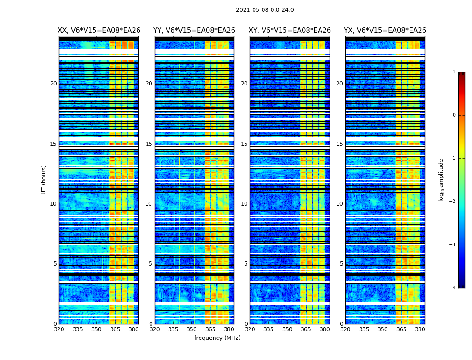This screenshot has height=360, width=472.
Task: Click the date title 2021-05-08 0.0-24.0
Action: tap(265, 10)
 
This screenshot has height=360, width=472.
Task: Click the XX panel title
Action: tap(99, 31)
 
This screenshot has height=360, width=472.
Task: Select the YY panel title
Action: tap(194, 31)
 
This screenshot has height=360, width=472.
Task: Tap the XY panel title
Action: tap(290, 31)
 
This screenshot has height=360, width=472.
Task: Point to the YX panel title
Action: tap(385, 31)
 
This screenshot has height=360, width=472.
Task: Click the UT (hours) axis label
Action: tap(44, 180)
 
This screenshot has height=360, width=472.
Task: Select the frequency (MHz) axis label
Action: tap(217, 338)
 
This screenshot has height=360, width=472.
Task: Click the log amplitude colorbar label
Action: tap(441, 180)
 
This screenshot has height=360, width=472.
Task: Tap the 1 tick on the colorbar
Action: tap(454, 72)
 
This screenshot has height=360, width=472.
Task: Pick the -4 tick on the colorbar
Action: tap(453, 288)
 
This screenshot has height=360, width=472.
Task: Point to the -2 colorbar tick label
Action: tap(453, 202)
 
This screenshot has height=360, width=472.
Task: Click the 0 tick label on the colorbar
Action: tap(454, 115)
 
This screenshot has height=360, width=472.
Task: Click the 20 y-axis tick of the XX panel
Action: tap(53, 84)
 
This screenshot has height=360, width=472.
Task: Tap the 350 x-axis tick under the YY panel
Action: tap(192, 329)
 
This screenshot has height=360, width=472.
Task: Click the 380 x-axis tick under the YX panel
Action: tap(420, 329)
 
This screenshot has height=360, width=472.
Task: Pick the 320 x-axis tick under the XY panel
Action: tap(250, 329)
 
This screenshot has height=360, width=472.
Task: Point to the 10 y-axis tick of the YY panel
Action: tap(149, 204)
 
